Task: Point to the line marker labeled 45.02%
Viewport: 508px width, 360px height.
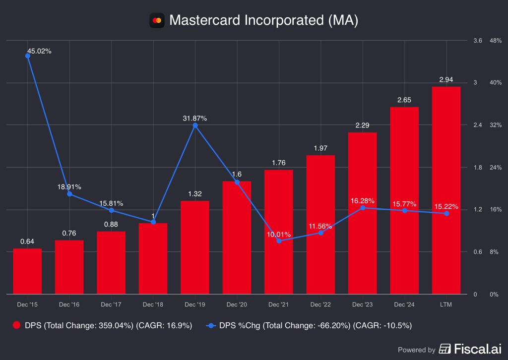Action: (28, 56)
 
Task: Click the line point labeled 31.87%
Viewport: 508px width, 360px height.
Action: (195, 125)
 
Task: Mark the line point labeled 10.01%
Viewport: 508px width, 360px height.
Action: (279, 241)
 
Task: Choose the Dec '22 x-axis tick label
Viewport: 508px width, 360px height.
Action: (320, 304)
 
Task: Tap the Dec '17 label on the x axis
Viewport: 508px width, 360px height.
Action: (111, 304)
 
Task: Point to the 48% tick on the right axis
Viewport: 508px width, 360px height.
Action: (495, 41)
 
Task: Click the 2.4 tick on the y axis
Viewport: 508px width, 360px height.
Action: (478, 125)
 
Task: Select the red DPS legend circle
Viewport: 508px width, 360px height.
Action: (16, 325)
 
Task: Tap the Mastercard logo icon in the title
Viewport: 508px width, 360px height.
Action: (157, 20)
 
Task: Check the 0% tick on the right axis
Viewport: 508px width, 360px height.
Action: (494, 295)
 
